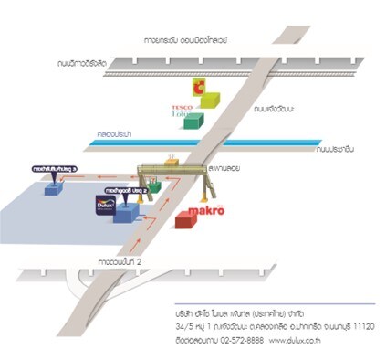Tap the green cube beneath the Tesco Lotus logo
pyautogui.click(x=192, y=122)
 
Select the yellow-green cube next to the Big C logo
pyautogui.click(x=209, y=98)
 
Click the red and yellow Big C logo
pyautogui.click(x=197, y=87)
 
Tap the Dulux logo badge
pyautogui.click(x=104, y=205)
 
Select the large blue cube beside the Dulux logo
pyautogui.click(x=124, y=211)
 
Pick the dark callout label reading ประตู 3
pyautogui.click(x=56, y=169)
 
